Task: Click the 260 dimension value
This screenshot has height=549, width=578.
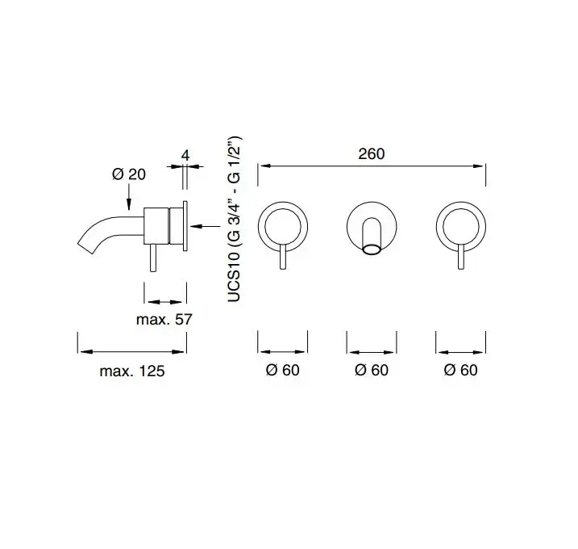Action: tap(371, 153)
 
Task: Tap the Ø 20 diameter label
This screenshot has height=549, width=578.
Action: tap(129, 174)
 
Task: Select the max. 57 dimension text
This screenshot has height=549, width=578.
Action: tap(164, 320)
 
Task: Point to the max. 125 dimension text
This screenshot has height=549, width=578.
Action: tap(132, 371)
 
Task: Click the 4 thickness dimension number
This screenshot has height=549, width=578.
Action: tap(185, 156)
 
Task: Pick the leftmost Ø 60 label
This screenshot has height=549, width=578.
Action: tap(282, 370)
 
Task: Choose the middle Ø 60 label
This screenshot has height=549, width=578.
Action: tap(372, 370)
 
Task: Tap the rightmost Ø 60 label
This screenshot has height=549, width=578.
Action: tap(461, 370)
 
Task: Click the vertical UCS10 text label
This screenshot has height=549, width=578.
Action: tap(234, 219)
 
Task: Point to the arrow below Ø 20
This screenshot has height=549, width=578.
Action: tap(129, 197)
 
